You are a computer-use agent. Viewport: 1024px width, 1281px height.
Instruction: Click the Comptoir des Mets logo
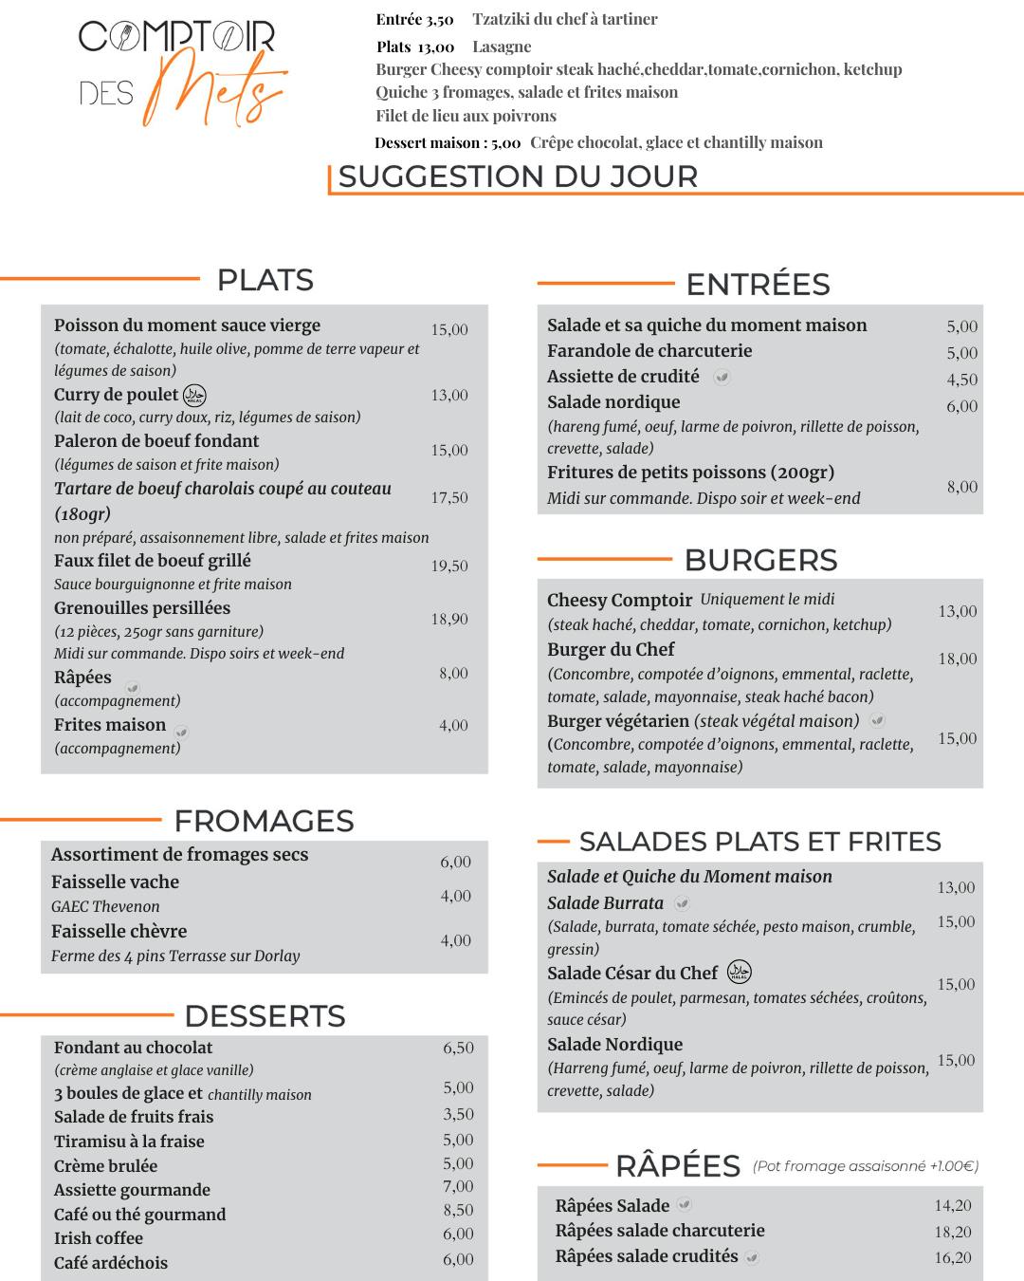click(x=180, y=71)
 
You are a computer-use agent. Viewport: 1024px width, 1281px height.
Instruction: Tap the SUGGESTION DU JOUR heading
click(x=518, y=176)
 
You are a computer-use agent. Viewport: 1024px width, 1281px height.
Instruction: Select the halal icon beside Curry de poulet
click(x=194, y=395)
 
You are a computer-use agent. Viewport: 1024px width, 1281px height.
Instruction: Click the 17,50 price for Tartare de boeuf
click(x=449, y=497)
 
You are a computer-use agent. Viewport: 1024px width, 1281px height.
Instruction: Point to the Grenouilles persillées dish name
click(x=142, y=608)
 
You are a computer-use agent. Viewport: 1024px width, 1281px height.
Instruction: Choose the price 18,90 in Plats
click(x=449, y=619)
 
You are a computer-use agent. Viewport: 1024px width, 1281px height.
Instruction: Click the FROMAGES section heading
click(x=264, y=821)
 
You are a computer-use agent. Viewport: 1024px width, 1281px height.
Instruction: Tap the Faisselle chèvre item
click(x=119, y=931)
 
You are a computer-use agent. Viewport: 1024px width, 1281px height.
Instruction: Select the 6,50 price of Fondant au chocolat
click(x=458, y=1048)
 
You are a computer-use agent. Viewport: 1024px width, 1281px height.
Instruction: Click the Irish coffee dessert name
click(x=99, y=1238)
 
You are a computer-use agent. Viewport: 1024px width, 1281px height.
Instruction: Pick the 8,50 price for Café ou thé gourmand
click(x=458, y=1210)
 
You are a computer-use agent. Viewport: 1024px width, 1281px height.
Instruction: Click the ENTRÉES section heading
click(x=758, y=284)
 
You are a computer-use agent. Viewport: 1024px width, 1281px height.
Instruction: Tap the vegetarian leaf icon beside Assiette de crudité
click(x=722, y=377)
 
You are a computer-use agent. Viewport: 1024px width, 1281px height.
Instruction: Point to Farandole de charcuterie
click(x=649, y=351)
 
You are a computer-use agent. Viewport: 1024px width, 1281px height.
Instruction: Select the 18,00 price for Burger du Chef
click(x=958, y=659)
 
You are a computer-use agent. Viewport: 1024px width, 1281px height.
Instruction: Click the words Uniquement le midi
click(x=768, y=600)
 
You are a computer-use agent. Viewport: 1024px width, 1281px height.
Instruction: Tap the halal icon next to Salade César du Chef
click(x=740, y=973)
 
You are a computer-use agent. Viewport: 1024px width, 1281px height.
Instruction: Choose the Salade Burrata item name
click(x=605, y=903)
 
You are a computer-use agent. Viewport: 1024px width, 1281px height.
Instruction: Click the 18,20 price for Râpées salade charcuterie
click(x=953, y=1232)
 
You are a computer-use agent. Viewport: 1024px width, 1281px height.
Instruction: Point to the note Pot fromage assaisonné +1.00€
click(x=866, y=1166)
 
